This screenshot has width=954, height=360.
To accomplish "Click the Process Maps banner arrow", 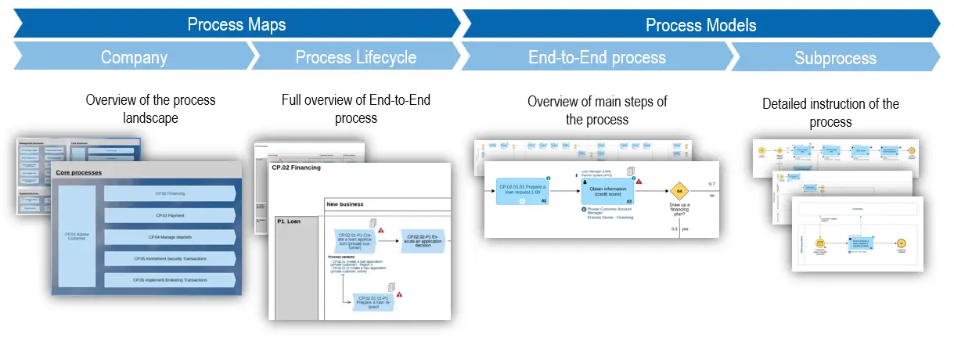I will [x=236, y=24].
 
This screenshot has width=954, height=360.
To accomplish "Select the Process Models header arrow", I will [x=700, y=25].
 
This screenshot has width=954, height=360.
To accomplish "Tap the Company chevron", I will [x=134, y=57].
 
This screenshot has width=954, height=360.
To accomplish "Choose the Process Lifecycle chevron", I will [x=356, y=57].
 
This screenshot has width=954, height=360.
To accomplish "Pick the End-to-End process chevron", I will [x=596, y=57].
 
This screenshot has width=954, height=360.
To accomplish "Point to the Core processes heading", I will [x=79, y=172].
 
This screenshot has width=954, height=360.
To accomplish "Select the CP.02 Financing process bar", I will [x=170, y=193].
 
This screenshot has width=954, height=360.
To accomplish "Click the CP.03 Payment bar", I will [x=170, y=215].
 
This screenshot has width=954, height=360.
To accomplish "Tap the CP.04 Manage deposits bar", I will [x=170, y=236].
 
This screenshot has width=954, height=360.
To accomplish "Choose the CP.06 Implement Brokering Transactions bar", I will [x=170, y=279].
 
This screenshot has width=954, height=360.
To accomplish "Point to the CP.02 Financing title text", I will [x=296, y=167].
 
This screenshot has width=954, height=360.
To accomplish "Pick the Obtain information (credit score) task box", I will [x=608, y=190].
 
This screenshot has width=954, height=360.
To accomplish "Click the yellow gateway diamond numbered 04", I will [x=680, y=191].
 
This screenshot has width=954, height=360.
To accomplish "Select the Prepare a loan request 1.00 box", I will [x=523, y=190].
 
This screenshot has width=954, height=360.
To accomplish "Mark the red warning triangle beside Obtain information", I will [x=639, y=181].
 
